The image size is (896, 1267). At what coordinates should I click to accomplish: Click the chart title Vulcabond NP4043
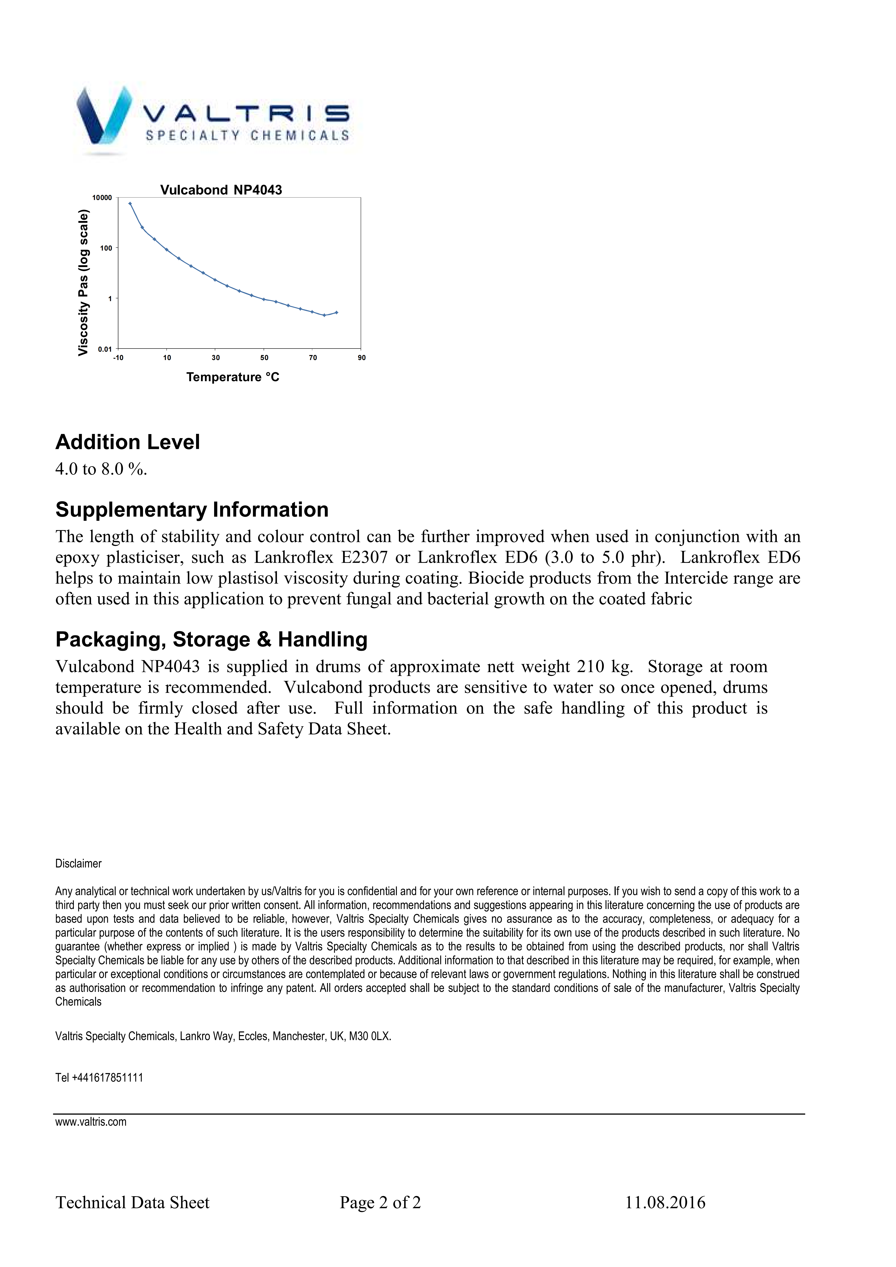tap(221, 190)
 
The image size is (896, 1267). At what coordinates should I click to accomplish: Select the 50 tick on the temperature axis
tap(264, 358)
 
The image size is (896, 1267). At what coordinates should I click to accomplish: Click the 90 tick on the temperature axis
tap(362, 358)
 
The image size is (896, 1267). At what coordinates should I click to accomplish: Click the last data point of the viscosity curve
tap(337, 312)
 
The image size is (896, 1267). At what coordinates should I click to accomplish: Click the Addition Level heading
tap(128, 442)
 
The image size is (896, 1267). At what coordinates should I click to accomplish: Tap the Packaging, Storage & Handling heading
tap(211, 639)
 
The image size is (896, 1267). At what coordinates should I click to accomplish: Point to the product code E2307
tap(364, 557)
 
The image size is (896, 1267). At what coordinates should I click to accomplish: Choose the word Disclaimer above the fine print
tap(78, 864)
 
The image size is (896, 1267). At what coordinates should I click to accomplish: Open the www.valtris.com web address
tap(91, 1122)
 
